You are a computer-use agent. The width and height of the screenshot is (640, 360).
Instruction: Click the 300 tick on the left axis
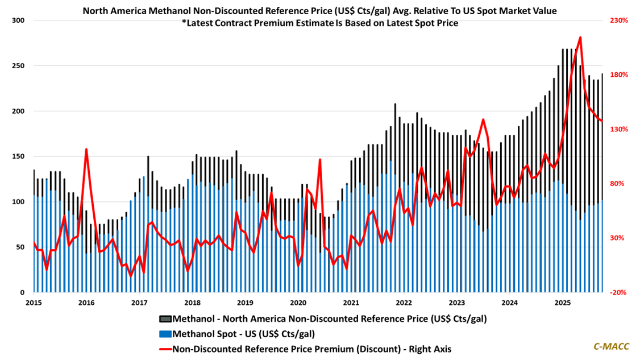19,20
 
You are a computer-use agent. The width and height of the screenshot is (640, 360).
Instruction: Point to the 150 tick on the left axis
19,156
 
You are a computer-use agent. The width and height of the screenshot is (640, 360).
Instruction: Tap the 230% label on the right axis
620,20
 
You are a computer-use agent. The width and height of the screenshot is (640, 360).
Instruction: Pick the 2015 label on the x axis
34,302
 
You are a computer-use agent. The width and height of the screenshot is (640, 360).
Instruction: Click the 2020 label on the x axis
298,302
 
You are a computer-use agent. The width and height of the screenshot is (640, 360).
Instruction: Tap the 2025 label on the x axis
563,302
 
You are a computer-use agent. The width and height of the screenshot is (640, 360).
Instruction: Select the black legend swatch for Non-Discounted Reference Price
165,318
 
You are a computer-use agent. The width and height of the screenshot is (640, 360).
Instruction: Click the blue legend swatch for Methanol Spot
165,333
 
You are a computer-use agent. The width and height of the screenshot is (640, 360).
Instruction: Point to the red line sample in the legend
165,349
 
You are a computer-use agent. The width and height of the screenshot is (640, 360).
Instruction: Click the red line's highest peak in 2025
580,38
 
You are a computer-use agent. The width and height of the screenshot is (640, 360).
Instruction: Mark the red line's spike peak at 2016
86,150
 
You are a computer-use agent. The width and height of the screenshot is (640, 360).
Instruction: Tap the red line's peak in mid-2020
320,160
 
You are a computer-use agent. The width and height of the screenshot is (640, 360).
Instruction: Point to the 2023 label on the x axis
457,302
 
